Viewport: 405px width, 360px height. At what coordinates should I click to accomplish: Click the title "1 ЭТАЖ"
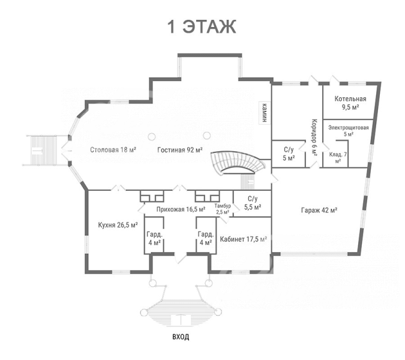[202, 27]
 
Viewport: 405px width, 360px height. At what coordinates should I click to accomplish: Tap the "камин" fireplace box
[265, 113]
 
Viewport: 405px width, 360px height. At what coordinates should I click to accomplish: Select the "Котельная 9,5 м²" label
[350, 103]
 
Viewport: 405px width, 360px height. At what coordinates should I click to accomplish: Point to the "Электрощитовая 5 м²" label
[349, 131]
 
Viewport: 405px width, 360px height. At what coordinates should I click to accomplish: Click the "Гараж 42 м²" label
[319, 210]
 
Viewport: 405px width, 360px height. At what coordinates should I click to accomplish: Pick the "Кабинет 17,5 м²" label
[244, 239]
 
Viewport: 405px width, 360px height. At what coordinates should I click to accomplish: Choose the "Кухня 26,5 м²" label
[118, 225]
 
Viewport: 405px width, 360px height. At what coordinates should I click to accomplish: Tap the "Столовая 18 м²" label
[113, 150]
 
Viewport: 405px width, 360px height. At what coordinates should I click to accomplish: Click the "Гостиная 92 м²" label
[180, 150]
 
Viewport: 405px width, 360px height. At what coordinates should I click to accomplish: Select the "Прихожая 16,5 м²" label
[181, 209]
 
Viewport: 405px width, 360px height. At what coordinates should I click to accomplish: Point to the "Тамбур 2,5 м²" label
[223, 209]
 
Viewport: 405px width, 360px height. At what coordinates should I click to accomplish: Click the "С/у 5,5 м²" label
[253, 203]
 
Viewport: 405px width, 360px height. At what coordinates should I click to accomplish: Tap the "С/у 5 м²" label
[289, 154]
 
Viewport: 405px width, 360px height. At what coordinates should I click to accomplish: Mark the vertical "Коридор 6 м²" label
[314, 137]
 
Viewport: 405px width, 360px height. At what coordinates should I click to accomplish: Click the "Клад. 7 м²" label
[338, 157]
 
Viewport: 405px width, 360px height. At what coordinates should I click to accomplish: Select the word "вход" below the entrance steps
[181, 337]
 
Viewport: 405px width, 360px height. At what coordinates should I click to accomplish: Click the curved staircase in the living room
[238, 163]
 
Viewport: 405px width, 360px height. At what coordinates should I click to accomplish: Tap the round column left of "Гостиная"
[152, 136]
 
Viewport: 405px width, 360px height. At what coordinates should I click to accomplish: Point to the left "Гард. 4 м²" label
[154, 238]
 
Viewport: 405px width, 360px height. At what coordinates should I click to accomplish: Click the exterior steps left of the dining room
[43, 150]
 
